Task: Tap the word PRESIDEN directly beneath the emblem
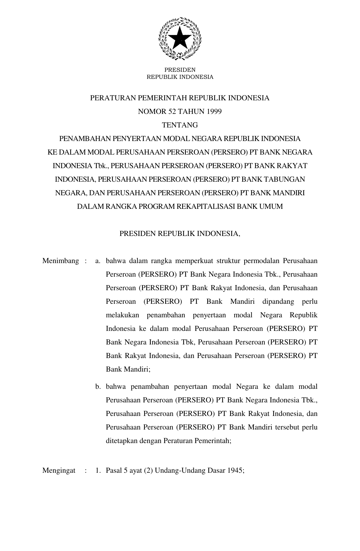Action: point(180,70)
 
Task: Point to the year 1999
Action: point(214,112)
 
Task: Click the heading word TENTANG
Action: point(180,125)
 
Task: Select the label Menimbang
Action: point(60,261)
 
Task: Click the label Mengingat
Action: point(59,470)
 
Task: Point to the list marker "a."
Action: point(98,261)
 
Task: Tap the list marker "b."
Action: point(98,387)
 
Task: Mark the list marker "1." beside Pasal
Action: point(98,470)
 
